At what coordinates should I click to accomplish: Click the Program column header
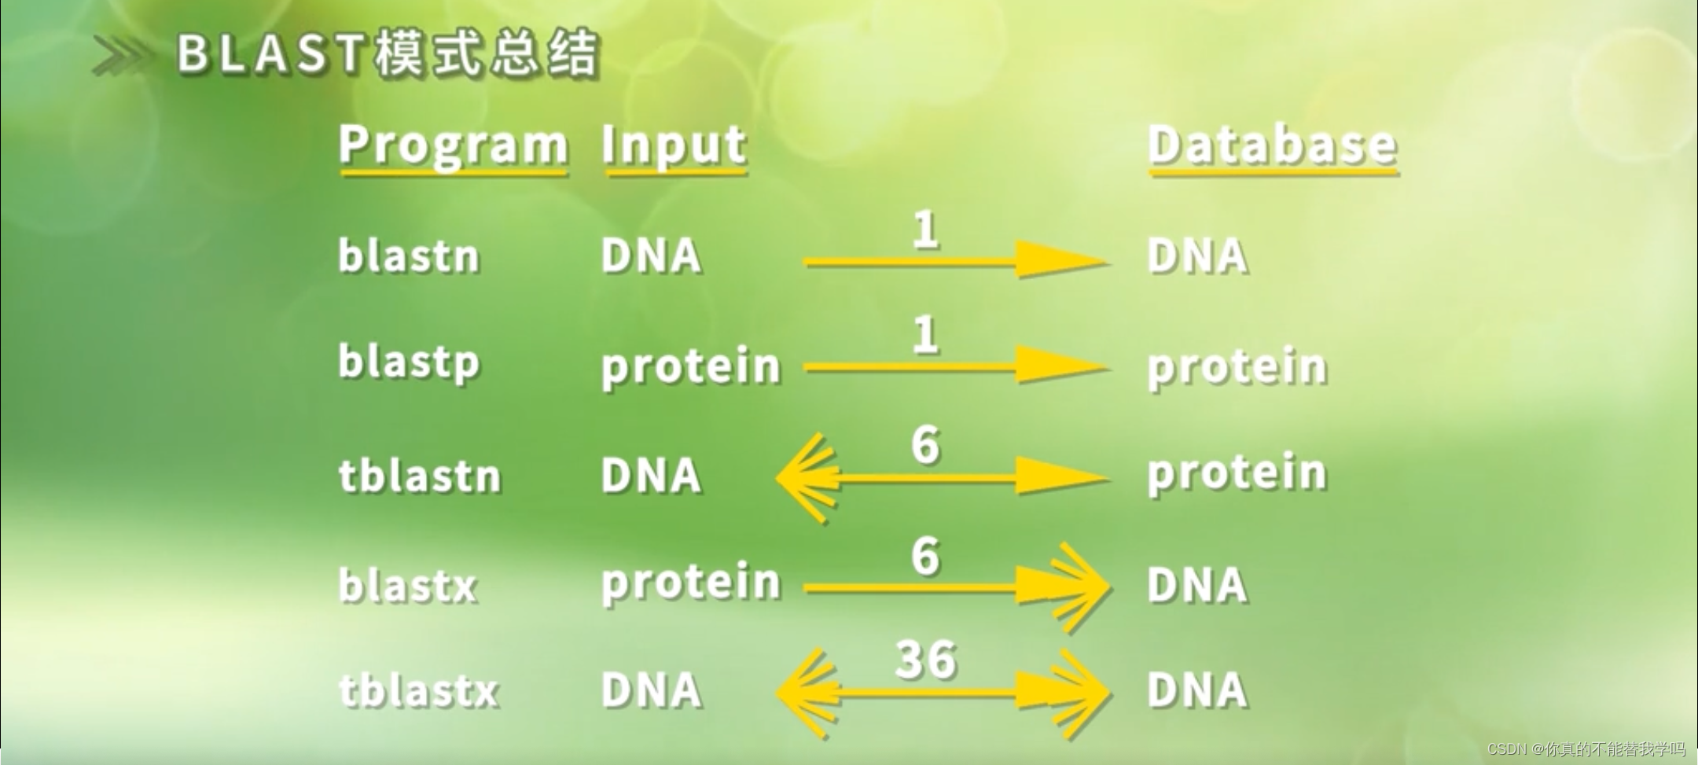pyautogui.click(x=453, y=146)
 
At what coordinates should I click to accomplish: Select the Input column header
pyautogui.click(x=674, y=146)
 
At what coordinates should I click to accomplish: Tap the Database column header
pyautogui.click(x=1271, y=146)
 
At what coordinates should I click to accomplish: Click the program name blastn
pyautogui.click(x=408, y=256)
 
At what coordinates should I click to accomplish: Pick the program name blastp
pyautogui.click(x=408, y=362)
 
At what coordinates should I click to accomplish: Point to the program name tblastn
pyautogui.click(x=419, y=476)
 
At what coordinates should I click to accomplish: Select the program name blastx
pyautogui.click(x=407, y=586)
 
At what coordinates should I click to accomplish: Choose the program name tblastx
pyautogui.click(x=418, y=691)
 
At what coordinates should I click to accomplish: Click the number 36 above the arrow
pyautogui.click(x=925, y=659)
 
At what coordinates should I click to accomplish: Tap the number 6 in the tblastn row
pyautogui.click(x=925, y=445)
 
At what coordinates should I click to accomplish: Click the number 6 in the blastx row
pyautogui.click(x=925, y=557)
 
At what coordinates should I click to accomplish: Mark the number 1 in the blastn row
pyautogui.click(x=925, y=230)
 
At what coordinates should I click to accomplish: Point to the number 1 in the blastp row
pyautogui.click(x=925, y=335)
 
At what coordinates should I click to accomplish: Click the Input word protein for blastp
pyautogui.click(x=690, y=366)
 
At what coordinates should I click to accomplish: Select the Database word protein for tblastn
pyautogui.click(x=1237, y=473)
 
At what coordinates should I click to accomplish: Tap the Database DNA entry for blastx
pyautogui.click(x=1196, y=586)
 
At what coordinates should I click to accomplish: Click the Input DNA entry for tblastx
pyautogui.click(x=650, y=691)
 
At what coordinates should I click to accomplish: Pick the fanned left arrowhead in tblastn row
pyautogui.click(x=807, y=477)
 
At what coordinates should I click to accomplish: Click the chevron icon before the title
pyautogui.click(x=121, y=55)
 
